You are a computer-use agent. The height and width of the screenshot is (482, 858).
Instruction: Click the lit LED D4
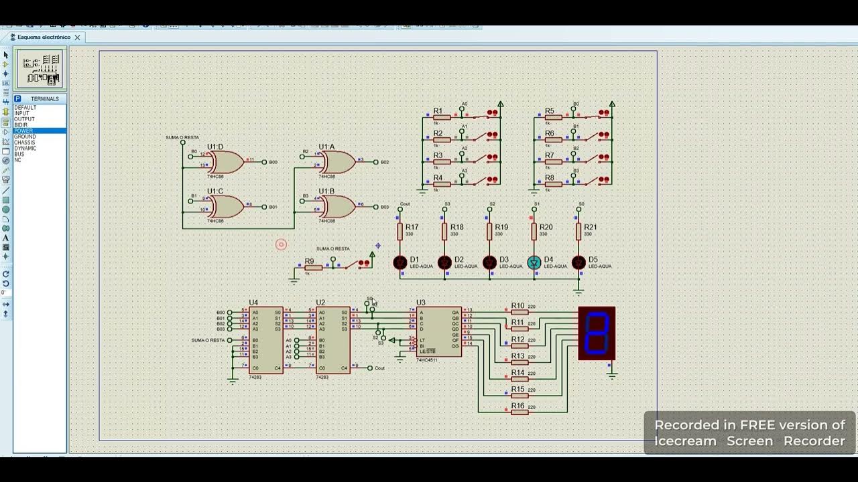coord(534,262)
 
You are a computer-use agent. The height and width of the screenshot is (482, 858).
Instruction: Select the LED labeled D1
coord(400,262)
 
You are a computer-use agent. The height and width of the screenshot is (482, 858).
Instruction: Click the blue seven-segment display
coord(597,333)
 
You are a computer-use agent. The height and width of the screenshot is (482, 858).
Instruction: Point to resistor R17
coord(400,232)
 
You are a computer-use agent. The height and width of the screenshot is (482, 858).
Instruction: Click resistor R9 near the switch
coord(313,267)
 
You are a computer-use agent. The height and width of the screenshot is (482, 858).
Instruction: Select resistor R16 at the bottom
coord(519,412)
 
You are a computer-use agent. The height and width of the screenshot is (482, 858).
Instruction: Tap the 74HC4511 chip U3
coord(438,331)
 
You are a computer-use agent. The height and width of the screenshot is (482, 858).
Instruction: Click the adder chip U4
coord(265,339)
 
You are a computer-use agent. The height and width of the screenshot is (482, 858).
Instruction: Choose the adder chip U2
coord(333,339)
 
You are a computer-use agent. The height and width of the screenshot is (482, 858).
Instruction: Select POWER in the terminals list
coord(24,131)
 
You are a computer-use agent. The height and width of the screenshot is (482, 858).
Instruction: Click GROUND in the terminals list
coord(25,137)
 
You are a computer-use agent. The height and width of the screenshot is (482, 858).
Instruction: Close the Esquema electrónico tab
coord(77,37)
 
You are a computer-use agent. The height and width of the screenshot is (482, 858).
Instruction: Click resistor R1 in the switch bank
coord(441,117)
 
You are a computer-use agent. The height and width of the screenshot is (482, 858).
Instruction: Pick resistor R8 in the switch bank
coord(553,183)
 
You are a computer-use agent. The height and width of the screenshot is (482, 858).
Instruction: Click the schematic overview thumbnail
coord(41,69)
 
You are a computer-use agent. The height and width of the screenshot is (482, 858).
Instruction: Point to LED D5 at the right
coord(578,262)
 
